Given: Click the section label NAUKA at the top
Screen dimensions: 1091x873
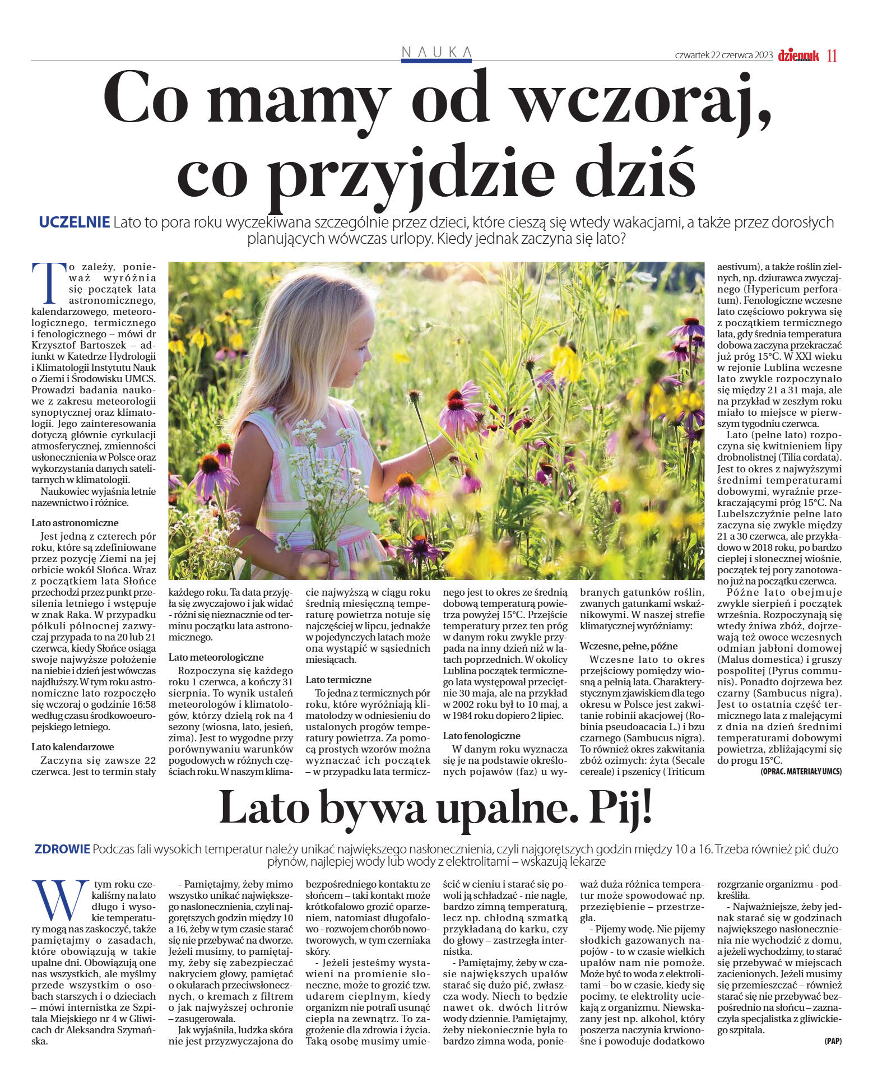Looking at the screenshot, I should [436, 52].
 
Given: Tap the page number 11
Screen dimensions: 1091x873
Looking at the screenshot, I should [832, 55].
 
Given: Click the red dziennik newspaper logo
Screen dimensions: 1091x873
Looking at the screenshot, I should [798, 55].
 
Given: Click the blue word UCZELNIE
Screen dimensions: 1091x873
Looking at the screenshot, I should [74, 222].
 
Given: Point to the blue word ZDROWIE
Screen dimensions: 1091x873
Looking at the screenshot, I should [62, 849].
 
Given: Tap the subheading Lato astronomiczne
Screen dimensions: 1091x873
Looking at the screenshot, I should [75, 523].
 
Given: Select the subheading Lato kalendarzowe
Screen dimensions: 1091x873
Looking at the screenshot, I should [73, 747].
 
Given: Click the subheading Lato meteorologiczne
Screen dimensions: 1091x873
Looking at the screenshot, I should [216, 657].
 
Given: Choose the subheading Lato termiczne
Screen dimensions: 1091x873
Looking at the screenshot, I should [338, 680].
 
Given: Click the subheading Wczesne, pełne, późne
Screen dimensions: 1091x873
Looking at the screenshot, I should [629, 646].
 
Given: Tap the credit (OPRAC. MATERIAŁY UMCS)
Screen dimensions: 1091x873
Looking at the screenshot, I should [801, 772].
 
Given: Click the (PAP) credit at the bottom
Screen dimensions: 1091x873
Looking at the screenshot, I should [833, 1041].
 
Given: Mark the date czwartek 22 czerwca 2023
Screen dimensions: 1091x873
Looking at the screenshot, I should [724, 55].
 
